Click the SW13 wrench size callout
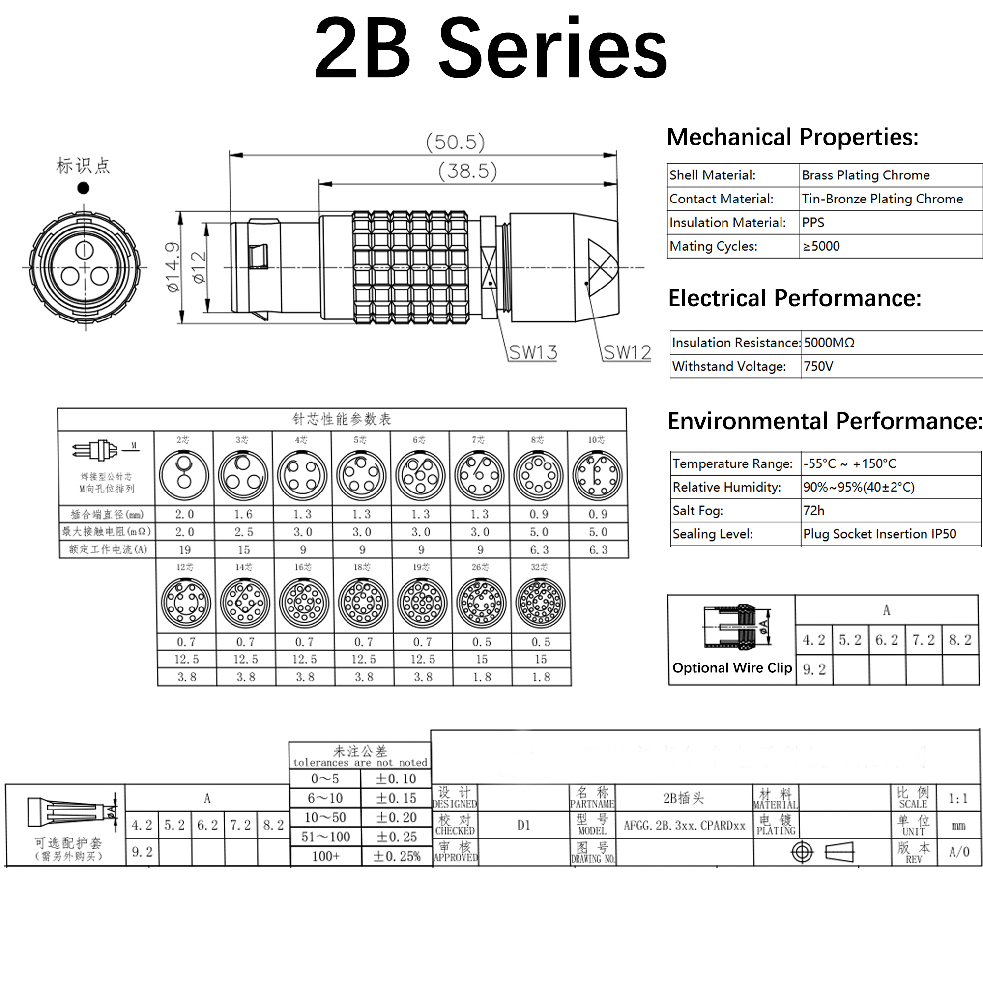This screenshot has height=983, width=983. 533,352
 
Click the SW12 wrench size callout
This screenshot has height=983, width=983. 627,352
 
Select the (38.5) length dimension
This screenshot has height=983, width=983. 467,171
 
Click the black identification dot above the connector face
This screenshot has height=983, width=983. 84,188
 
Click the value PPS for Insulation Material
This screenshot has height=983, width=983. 812,222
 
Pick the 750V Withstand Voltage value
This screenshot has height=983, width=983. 818,366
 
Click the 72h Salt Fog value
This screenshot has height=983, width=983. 813,510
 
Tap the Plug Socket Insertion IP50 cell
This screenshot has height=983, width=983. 879,534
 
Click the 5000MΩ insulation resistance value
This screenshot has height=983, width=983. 829,343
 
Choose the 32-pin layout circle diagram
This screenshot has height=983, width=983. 540,603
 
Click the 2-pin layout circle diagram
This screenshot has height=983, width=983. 184,475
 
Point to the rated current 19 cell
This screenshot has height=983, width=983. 185,549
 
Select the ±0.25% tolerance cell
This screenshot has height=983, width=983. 397,856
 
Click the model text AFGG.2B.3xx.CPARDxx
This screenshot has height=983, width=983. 684,825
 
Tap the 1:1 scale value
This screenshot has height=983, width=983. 958,798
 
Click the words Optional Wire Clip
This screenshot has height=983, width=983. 732,667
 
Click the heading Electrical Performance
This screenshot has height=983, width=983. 794,298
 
